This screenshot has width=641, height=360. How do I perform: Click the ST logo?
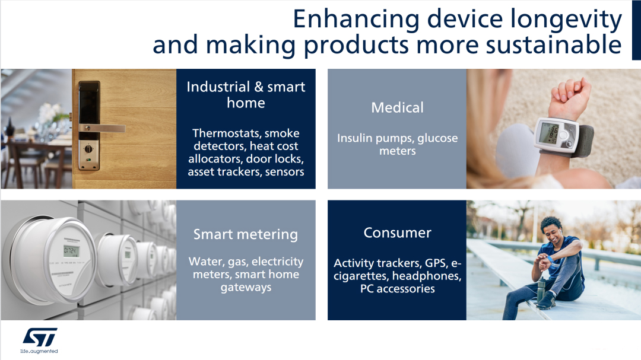tap(40, 337)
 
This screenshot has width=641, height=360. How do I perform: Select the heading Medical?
tap(397, 107)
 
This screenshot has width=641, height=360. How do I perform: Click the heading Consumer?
tap(397, 232)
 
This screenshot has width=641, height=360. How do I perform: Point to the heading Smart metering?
tap(246, 234)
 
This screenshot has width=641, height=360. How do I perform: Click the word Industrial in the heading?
tap(218, 87)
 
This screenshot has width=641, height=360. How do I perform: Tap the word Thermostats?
tap(227, 133)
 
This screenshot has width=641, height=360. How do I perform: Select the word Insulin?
tap(354, 138)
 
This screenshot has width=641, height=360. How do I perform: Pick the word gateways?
tap(246, 288)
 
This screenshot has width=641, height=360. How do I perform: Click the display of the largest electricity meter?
tap(71, 250)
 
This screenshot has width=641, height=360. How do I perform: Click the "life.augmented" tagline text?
tap(39, 352)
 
